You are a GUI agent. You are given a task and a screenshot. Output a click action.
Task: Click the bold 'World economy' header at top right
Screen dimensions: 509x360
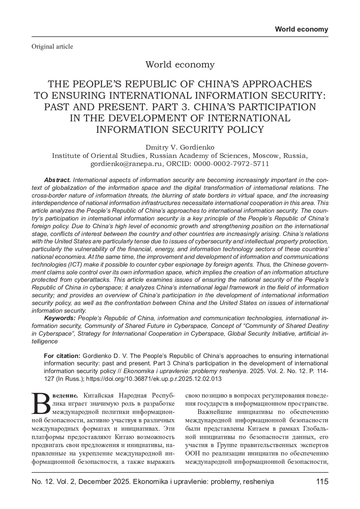[x=301, y=29]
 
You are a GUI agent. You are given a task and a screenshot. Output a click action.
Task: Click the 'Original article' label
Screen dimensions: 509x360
[x=52, y=46]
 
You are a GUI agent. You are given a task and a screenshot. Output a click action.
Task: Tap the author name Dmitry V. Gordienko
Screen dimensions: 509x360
[x=180, y=147]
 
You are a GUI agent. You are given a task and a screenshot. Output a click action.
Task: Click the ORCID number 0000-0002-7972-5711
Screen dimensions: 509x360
[x=231, y=164]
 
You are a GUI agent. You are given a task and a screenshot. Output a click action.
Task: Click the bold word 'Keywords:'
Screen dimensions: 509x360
[x=60, y=318]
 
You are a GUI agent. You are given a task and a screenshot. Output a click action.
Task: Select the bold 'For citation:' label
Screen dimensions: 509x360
[x=62, y=356]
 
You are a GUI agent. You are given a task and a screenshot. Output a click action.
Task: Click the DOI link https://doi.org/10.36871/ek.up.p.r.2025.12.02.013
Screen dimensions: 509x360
[x=154, y=379]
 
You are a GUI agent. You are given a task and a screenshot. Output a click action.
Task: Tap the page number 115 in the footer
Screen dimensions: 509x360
[x=322, y=482]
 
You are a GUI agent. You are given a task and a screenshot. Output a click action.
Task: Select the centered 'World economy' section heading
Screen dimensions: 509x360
[x=180, y=64]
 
